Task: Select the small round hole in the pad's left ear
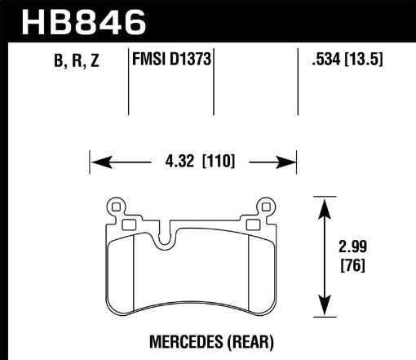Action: coord(115,206)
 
